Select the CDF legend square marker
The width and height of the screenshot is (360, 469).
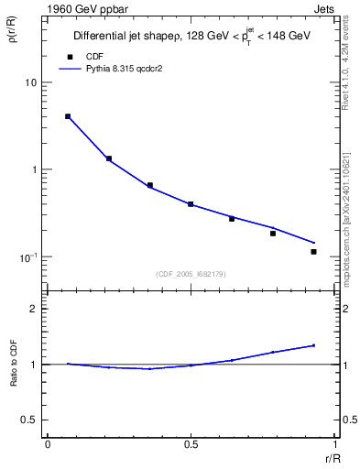(x=69, y=55)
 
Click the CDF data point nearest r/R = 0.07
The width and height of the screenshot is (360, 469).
(x=68, y=116)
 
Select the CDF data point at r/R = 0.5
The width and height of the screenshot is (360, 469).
(x=191, y=204)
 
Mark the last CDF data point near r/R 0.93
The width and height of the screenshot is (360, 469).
(x=313, y=252)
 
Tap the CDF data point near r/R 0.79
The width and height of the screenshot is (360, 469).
(x=273, y=234)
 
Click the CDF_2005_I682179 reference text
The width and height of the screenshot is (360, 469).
(x=190, y=272)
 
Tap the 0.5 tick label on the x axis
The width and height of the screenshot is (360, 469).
(x=191, y=443)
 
